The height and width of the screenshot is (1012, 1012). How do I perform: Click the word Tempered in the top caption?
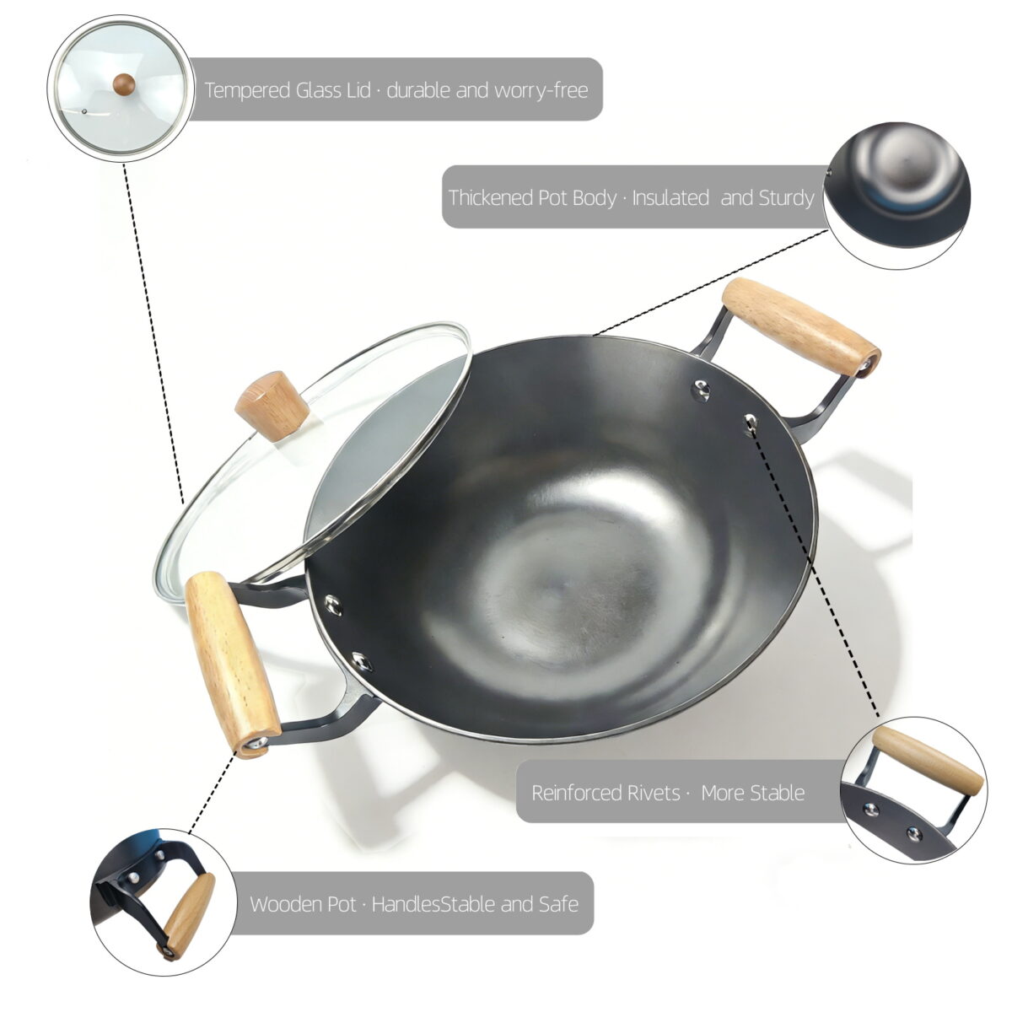(x=246, y=90)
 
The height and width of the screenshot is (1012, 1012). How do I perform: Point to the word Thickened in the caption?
(x=491, y=197)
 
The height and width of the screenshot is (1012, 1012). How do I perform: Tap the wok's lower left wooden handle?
(x=233, y=665)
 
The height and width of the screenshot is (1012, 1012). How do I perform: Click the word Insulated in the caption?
(x=670, y=197)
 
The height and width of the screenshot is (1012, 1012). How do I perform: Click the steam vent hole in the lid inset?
(x=84, y=110)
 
